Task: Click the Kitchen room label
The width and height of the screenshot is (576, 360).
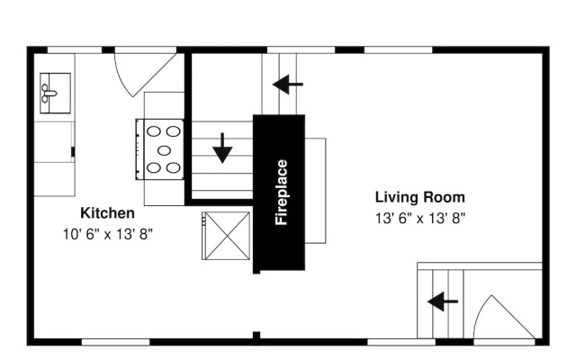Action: point(107,213)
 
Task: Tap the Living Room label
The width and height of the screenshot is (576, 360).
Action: point(420,197)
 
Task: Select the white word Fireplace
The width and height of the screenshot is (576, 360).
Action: point(282,192)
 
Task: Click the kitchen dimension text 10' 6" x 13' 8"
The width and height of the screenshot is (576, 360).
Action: point(108,234)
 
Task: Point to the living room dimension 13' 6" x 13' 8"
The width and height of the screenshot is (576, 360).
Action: point(420,218)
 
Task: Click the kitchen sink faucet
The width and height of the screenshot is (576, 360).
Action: point(48,94)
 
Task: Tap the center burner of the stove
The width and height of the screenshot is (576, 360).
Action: point(164,150)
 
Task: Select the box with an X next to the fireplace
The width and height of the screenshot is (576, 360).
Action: point(227,236)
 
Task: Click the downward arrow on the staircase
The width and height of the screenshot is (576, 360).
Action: point(222,148)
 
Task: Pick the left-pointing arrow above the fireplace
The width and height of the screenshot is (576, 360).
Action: point(288,85)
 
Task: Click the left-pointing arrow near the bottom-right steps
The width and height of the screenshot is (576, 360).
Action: point(443,301)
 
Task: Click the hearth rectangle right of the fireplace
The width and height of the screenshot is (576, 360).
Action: point(316,191)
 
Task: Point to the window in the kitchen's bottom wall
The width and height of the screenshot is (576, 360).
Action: point(115,342)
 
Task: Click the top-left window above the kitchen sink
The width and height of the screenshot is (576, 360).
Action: point(75,50)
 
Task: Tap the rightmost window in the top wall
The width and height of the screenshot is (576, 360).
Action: point(398,50)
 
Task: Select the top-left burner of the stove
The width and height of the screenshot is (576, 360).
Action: point(154,131)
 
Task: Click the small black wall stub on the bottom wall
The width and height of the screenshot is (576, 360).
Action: point(256,335)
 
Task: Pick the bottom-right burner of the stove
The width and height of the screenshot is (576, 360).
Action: point(173,168)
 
